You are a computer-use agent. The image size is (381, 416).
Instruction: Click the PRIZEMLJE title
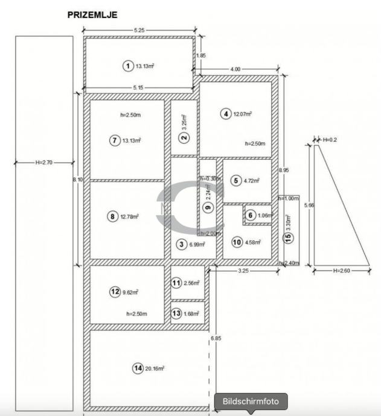(x=92, y=14)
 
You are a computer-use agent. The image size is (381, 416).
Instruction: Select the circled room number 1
(x=127, y=66)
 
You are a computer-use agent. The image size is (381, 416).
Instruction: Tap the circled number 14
(x=138, y=368)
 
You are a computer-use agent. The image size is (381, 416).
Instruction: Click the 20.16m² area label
(x=155, y=368)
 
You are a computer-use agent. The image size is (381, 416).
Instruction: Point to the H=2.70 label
(x=44, y=162)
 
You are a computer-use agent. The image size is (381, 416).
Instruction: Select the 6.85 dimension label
(x=216, y=338)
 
